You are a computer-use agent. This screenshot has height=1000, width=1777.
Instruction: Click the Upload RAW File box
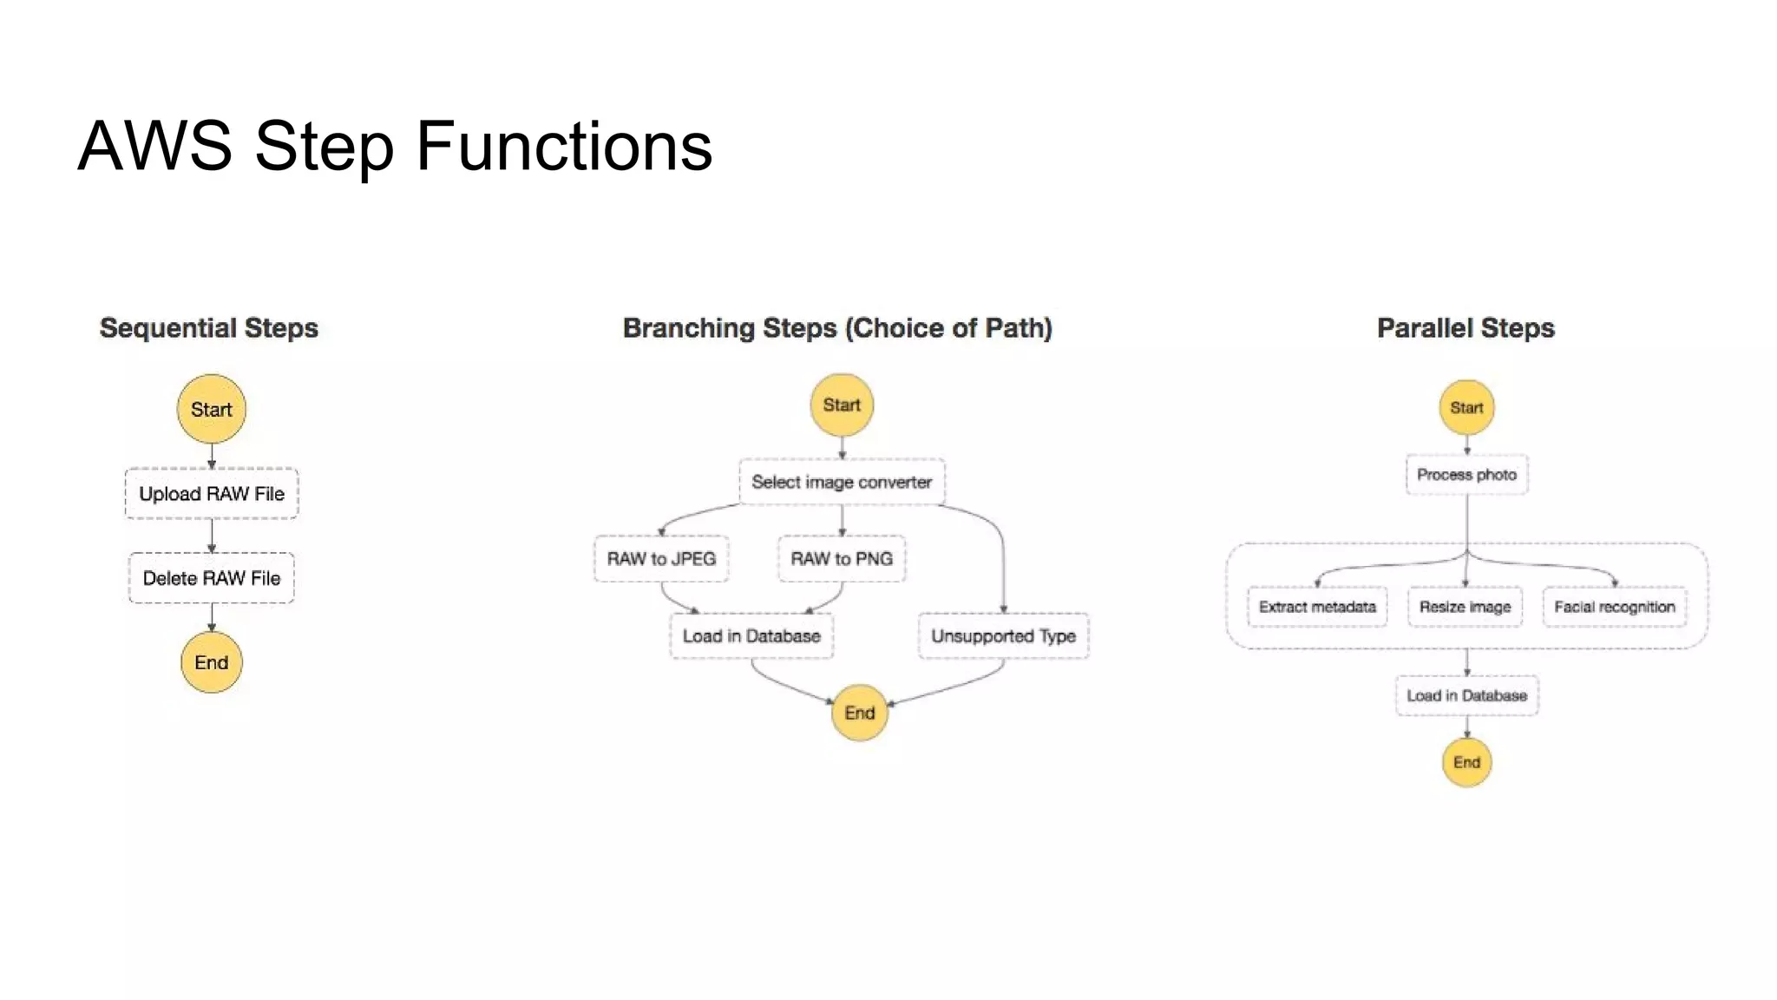[212, 494]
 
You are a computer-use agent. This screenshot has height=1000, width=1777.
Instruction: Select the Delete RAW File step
[212, 578]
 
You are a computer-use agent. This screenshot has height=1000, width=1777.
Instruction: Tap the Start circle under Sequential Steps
[212, 410]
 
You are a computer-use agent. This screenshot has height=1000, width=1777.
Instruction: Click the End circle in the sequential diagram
[212, 662]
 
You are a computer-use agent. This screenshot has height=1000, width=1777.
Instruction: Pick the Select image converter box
[842, 482]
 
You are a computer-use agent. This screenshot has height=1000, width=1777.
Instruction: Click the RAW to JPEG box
[661, 559]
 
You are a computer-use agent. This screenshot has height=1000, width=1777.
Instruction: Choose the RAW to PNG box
[842, 559]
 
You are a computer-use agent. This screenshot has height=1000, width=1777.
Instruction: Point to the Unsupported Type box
[1003, 636]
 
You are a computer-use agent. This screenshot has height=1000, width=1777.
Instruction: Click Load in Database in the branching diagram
[751, 636]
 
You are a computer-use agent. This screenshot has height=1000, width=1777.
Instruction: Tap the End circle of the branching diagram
[859, 713]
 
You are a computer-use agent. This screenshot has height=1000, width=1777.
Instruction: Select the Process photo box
[1466, 475]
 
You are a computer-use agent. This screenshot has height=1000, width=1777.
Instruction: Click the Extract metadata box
[1317, 607]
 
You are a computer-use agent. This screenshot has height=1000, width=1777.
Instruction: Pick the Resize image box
[1465, 607]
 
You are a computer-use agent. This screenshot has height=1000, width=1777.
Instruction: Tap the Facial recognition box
[1614, 607]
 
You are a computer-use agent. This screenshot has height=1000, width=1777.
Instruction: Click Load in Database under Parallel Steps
[1466, 695]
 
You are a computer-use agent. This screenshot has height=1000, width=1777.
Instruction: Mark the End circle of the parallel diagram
[1466, 762]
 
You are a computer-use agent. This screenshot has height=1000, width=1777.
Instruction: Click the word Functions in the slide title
[564, 146]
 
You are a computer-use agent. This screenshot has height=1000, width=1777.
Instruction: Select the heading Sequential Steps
[209, 328]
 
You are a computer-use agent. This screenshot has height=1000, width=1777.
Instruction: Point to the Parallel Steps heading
[1466, 328]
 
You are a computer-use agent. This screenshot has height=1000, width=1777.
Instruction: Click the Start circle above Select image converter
[842, 405]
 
